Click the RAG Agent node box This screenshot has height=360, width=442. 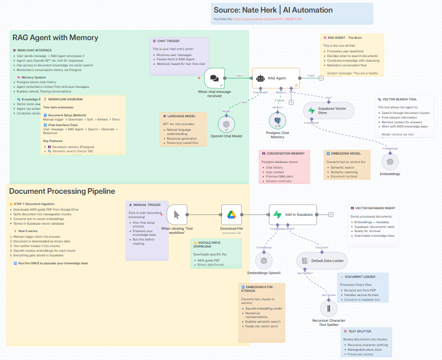[x=275, y=78]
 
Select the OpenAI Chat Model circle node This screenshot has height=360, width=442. [x=226, y=124]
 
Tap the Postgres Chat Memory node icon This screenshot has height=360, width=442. [x=278, y=120]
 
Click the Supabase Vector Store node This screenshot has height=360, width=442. [x=329, y=111]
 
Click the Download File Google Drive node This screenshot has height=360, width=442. [x=232, y=215]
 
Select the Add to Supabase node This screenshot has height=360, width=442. [x=293, y=214]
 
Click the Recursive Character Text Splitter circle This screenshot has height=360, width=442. [x=329, y=308]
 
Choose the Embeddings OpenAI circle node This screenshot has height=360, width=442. [x=264, y=261]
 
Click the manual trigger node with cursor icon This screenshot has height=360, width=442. [x=177, y=215]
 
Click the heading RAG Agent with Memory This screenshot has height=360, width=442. [x=55, y=38]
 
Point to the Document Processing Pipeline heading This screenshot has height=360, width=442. [x=62, y=191]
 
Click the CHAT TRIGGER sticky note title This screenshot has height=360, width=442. [x=168, y=41]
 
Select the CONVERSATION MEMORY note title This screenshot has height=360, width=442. [x=285, y=153]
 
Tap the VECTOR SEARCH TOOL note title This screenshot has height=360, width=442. [x=400, y=99]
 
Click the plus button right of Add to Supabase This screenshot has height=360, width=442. [x=330, y=215]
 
